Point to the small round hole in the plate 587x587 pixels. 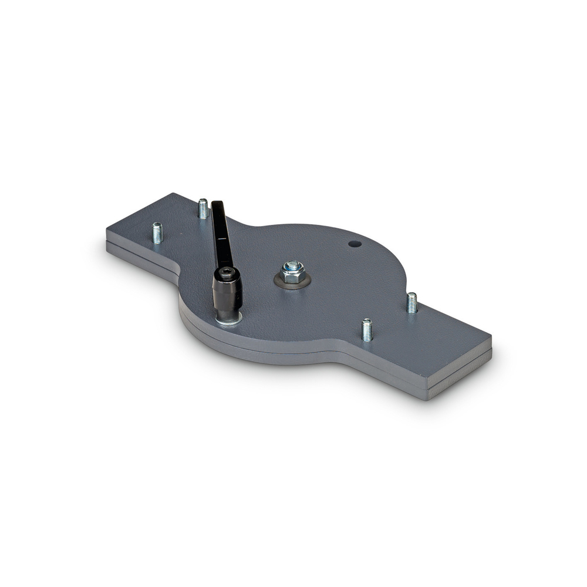[353, 243]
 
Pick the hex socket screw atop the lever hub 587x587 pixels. [226, 272]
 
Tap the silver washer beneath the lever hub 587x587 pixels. [229, 319]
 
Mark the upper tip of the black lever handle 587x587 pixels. [217, 205]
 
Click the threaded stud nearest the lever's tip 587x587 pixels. [203, 208]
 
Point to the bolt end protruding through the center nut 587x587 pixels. [291, 266]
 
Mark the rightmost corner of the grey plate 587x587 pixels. [491, 339]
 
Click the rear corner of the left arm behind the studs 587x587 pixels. [174, 194]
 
